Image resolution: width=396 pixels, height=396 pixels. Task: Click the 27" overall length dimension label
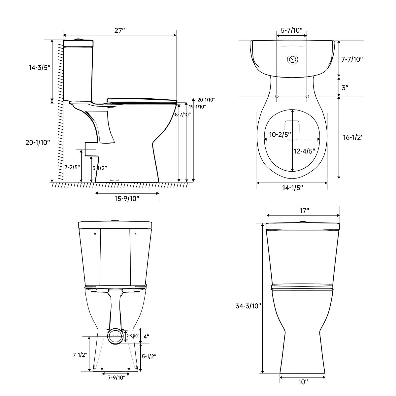pyautogui.click(x=119, y=31)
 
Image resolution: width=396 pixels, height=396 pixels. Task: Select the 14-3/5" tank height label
pyautogui.click(x=39, y=68)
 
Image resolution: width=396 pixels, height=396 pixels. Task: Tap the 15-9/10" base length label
pyautogui.click(x=127, y=198)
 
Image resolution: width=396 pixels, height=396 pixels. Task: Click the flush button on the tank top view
pyautogui.click(x=293, y=60)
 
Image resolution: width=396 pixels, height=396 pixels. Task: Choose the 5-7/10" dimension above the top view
pyautogui.click(x=292, y=31)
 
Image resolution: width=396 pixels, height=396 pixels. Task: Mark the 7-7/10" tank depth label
pyautogui.click(x=352, y=59)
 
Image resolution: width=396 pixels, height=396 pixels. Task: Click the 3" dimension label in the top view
pyautogui.click(x=345, y=88)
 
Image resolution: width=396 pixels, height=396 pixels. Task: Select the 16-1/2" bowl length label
pyautogui.click(x=353, y=137)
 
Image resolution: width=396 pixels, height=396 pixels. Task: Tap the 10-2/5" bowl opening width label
pyautogui.click(x=280, y=134)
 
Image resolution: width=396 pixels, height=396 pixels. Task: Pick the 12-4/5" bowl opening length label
pyautogui.click(x=304, y=151)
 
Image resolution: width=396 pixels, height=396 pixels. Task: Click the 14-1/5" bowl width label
pyautogui.click(x=292, y=188)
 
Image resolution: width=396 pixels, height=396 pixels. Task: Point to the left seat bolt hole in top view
pyautogui.click(x=277, y=96)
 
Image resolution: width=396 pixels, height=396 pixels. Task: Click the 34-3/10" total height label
pyautogui.click(x=248, y=306)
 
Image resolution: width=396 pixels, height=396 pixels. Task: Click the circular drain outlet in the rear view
pyautogui.click(x=115, y=337)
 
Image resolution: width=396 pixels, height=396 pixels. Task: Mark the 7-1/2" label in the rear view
pyautogui.click(x=80, y=355)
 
